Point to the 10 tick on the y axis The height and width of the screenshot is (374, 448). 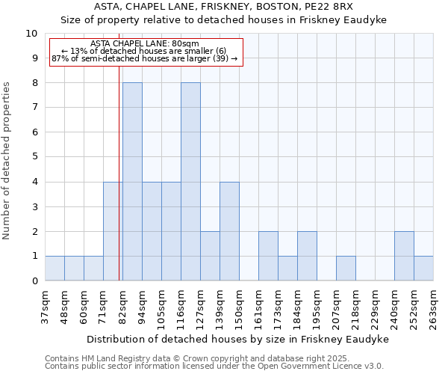click(x=31, y=34)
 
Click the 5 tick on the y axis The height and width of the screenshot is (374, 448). click(x=34, y=157)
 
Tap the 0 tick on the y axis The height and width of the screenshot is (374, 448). click(x=34, y=281)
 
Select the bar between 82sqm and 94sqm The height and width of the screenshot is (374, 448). click(x=132, y=182)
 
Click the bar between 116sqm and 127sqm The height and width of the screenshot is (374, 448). click(x=190, y=182)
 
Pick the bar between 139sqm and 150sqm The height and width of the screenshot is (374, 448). click(x=229, y=231)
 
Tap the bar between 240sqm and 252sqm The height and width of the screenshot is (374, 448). click(x=404, y=256)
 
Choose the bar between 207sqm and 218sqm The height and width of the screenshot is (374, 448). click(x=346, y=269)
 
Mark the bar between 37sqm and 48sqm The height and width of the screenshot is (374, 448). click(x=55, y=269)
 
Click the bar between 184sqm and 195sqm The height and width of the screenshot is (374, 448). click(x=307, y=256)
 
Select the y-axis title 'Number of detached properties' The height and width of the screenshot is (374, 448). click(x=7, y=161)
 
